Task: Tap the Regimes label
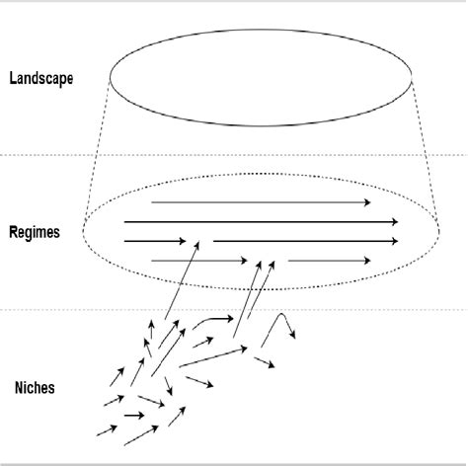pos(36,233)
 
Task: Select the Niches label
pos(35,388)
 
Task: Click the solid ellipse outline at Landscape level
pos(262,125)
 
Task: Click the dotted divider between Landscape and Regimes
pos(49,154)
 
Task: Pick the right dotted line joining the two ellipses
pos(426,148)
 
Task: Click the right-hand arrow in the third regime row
pos(306,241)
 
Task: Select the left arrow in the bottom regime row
pos(197,261)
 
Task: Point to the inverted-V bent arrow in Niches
pos(281,323)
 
